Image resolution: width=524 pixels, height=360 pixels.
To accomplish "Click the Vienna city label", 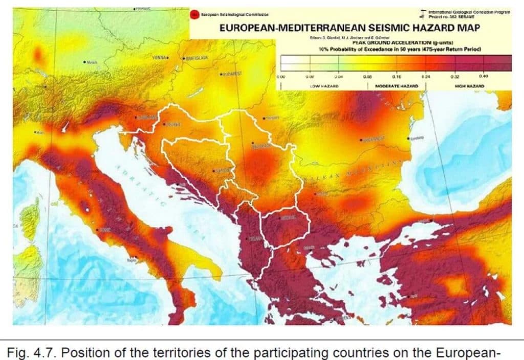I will click(160, 58).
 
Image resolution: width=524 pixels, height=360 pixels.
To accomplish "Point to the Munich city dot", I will click(84, 62).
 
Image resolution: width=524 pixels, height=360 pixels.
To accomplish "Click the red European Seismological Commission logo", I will click(194, 15).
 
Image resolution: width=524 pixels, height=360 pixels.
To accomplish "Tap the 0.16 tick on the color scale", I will click(396, 76).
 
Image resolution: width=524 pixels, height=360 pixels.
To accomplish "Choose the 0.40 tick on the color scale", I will click(484, 76).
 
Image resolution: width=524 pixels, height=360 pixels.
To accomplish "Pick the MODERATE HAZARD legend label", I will click(397, 86).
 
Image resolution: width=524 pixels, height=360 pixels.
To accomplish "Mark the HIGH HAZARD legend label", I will click(469, 86).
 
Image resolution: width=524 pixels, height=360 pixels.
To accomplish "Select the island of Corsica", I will click(30, 220).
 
